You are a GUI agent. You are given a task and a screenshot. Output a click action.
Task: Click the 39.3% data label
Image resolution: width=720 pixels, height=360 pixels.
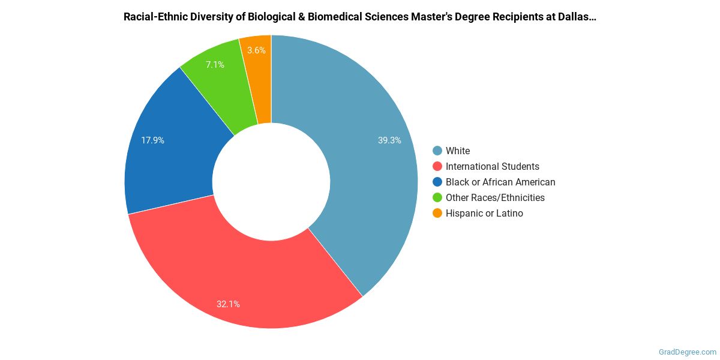tap(389, 140)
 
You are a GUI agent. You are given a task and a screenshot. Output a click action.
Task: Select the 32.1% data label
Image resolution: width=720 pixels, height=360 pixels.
tap(228, 304)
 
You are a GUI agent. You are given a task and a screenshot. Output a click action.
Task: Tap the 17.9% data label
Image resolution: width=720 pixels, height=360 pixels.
tap(152, 140)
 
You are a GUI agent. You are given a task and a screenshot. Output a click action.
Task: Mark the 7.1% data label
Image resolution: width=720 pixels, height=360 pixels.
tap(215, 64)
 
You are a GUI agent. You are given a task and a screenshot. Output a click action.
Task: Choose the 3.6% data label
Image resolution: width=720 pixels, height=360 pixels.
tap(256, 50)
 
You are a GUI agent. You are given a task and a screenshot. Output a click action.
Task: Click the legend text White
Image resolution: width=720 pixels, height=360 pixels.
tap(458, 151)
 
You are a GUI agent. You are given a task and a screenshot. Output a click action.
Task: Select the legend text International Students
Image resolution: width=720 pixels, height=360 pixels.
tap(492, 166)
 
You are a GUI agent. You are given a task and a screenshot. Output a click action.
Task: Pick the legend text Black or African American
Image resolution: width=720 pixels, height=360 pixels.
tap(500, 182)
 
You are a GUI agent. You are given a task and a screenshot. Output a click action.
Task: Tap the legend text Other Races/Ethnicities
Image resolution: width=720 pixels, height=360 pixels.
tap(495, 197)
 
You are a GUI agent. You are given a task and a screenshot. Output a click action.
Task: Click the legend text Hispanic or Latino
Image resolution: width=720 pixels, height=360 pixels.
tap(484, 213)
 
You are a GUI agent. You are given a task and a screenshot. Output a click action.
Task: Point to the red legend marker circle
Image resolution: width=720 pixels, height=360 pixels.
tap(437, 166)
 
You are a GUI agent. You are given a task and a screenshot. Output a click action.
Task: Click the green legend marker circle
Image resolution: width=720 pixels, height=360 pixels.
tap(437, 197)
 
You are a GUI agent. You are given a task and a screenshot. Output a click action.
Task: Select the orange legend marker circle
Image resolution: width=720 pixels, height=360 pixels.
tap(437, 213)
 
